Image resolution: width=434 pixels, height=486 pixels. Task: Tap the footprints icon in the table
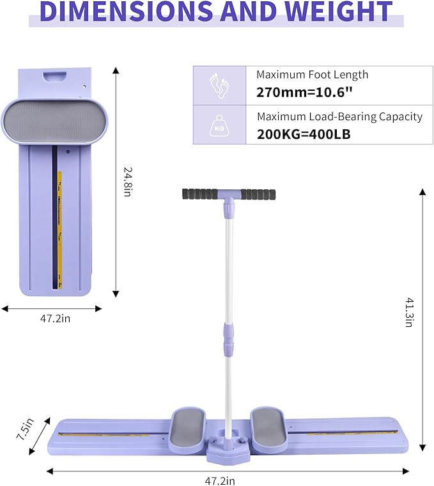tap(220, 85)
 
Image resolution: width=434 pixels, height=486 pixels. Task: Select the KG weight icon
tap(220, 125)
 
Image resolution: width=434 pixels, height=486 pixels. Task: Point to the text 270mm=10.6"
tap(304, 92)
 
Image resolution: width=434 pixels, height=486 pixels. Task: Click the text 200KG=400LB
tap(304, 134)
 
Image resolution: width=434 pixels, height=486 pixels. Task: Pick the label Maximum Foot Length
tap(313, 75)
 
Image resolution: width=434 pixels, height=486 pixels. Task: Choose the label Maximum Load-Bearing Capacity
tap(339, 116)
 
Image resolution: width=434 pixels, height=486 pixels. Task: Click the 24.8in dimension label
tap(128, 182)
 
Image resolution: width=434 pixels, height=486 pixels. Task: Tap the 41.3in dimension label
tap(410, 313)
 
